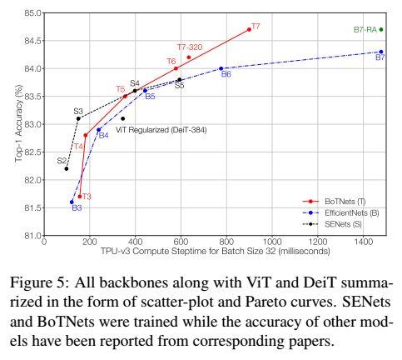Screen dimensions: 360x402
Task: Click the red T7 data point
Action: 249,29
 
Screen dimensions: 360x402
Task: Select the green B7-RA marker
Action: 381,29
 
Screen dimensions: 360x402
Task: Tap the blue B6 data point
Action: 221,68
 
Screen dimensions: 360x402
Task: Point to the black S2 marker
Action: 67,168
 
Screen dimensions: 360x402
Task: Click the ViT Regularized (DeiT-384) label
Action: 161,129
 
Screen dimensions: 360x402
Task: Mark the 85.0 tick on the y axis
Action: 33,13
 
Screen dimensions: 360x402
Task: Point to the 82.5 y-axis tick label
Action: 33,152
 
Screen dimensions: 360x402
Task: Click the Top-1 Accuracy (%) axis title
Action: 17,125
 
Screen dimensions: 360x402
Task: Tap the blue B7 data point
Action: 381,52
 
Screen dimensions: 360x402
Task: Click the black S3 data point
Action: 78,118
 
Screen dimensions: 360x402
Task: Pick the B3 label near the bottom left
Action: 77,208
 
